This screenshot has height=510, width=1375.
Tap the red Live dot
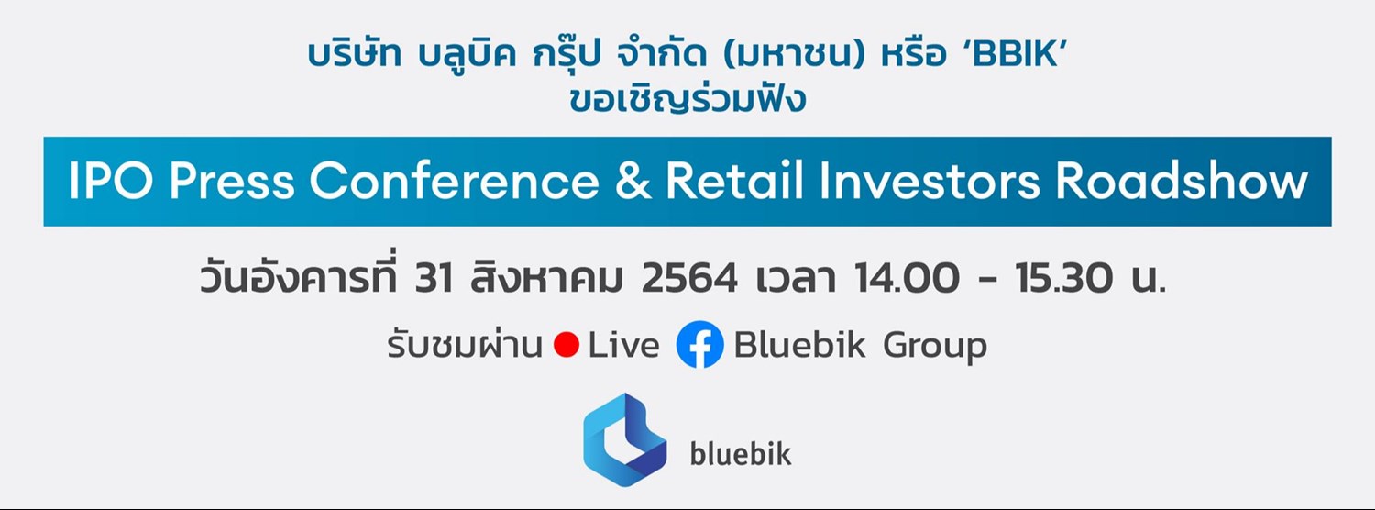pos(566,347)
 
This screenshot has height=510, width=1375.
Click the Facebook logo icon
pos(699,346)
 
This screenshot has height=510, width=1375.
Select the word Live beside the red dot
pos(623,347)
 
